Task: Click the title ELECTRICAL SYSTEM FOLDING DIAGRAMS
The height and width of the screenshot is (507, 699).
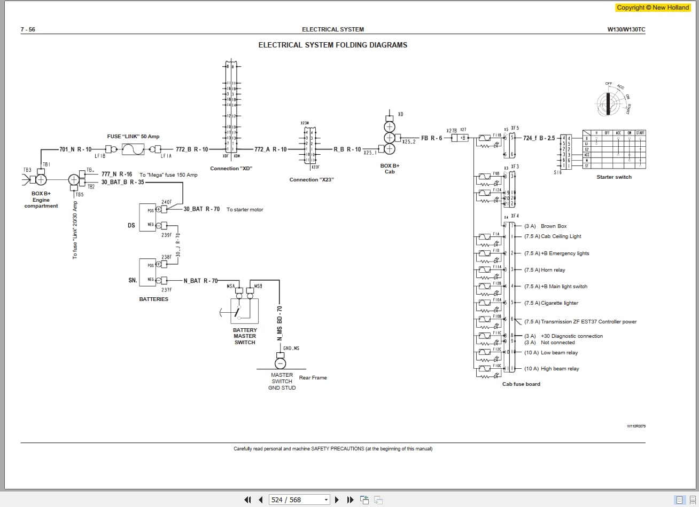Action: point(332,45)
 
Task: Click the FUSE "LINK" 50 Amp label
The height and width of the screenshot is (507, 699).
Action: point(133,137)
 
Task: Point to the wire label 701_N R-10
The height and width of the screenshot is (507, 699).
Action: point(75,149)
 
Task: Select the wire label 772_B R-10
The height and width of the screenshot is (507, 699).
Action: point(192,149)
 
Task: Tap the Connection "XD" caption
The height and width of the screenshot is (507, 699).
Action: point(231,169)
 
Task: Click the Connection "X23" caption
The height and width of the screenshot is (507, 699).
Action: point(312,180)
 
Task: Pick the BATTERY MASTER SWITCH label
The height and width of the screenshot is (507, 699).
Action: point(245,336)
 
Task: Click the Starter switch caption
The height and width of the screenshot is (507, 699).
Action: point(614,177)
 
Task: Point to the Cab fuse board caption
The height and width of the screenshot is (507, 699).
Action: point(521,384)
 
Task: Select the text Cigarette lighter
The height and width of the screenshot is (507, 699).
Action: point(560,303)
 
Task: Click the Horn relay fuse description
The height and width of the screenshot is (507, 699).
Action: point(553,270)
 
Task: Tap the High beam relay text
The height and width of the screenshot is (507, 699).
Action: point(560,369)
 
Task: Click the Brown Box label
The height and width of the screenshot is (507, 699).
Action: point(554,226)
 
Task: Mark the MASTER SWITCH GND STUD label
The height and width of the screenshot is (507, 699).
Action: point(282,382)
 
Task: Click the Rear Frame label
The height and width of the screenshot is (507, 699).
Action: point(313,378)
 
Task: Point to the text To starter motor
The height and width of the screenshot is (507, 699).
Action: point(245,210)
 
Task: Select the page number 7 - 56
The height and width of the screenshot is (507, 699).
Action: point(28,29)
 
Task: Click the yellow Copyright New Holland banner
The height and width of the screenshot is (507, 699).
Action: point(653,7)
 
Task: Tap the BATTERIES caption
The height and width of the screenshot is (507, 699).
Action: point(154,299)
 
